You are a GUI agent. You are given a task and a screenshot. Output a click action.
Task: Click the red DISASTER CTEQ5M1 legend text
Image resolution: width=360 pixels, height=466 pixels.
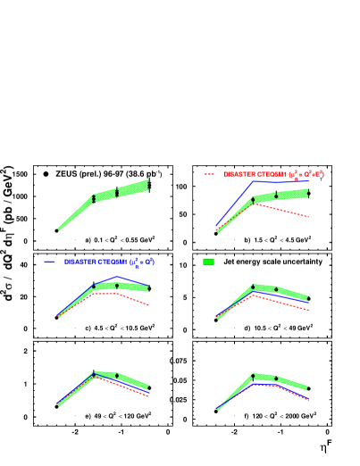[273, 174]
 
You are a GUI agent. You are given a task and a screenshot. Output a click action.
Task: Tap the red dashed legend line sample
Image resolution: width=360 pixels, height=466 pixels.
[210, 174]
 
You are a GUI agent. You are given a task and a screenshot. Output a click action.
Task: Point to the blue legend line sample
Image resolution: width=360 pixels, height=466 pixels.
[49, 262]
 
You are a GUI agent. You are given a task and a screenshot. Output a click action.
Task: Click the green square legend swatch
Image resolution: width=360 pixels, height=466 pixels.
[208, 262]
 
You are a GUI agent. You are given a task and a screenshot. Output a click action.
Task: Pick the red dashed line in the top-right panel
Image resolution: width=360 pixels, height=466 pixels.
[286, 211]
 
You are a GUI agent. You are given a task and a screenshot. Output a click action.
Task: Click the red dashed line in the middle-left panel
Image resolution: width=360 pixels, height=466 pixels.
[134, 298]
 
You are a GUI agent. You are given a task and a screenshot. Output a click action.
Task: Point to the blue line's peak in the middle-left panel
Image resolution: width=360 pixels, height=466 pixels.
[118, 278]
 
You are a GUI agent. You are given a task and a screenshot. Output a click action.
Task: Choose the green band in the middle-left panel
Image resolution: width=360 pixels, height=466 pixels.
[130, 287]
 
